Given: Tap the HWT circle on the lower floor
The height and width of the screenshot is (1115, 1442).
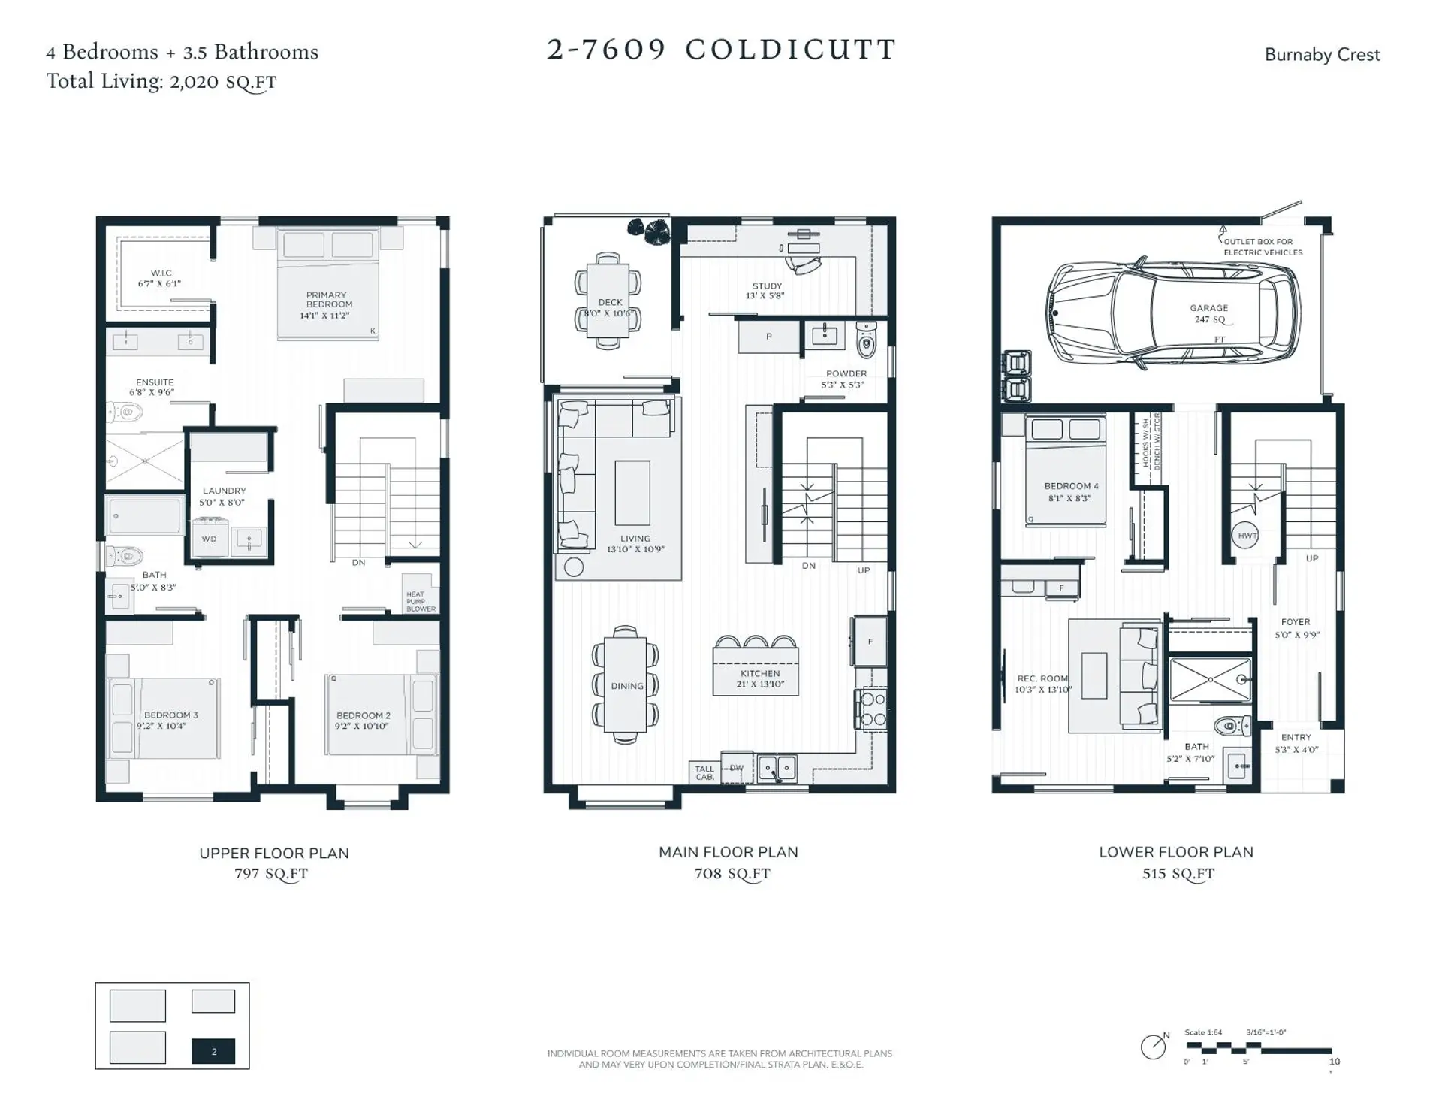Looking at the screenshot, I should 1247,536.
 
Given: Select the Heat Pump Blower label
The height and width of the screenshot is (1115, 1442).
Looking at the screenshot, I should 419,601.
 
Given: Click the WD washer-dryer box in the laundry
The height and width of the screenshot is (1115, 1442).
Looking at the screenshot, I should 210,539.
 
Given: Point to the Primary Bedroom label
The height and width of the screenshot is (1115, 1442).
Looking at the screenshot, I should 327,304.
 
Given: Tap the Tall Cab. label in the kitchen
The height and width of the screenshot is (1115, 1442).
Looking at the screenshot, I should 704,772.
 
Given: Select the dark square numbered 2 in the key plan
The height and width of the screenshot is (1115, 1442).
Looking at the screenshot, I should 213,1051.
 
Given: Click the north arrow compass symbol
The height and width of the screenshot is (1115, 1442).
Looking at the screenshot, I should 1153,1046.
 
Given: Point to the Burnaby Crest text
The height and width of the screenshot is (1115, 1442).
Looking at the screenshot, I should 1321,55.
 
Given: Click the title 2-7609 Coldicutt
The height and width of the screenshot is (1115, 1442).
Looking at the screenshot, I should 721,50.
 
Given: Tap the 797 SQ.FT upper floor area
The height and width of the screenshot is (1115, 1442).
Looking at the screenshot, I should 271,874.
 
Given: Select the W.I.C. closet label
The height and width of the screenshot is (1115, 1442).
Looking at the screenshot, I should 160,278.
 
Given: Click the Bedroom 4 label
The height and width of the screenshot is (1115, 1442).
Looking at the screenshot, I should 1070,491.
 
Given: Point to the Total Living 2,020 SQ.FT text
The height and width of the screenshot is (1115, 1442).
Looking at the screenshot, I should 161,82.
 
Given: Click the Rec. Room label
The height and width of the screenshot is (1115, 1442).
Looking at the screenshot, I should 1042,684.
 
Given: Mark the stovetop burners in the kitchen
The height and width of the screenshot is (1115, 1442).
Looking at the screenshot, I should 873,709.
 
